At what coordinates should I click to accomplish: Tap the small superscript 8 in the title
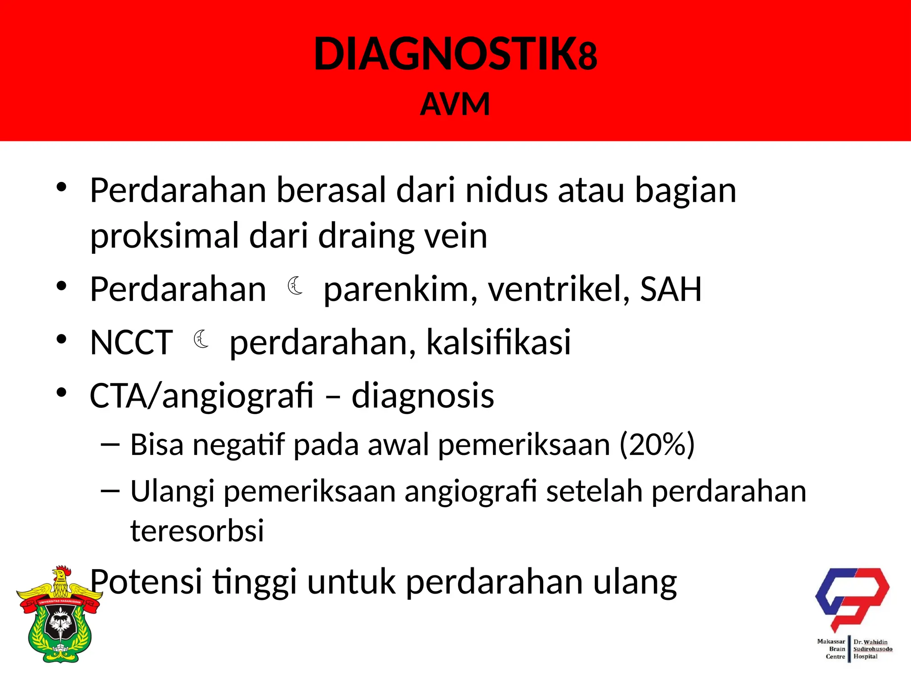tap(588, 57)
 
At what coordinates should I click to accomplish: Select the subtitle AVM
tap(455, 104)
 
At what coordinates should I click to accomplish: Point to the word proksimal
tap(165, 236)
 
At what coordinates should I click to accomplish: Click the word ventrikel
tap(559, 289)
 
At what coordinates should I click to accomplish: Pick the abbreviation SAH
tap(670, 289)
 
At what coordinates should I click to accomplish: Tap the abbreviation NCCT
tap(131, 342)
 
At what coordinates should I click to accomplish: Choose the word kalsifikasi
tap(498, 342)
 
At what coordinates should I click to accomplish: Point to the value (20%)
tap(657, 444)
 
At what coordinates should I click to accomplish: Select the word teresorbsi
tap(197, 530)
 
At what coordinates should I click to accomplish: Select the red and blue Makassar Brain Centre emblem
tap(851, 598)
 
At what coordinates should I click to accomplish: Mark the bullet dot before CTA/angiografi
tap(61, 392)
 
